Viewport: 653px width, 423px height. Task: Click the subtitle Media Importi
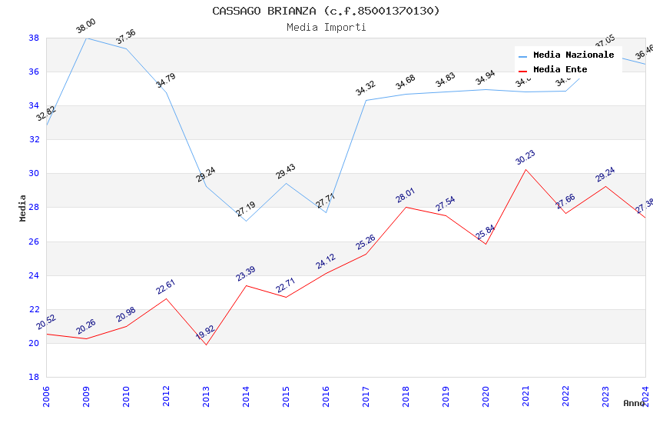tap(326, 28)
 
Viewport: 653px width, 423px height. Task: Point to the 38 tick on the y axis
tap(34, 38)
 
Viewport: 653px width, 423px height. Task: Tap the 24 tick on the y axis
tap(34, 275)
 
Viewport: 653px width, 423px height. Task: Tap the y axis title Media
tap(23, 208)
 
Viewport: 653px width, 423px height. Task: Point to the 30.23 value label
tap(525, 158)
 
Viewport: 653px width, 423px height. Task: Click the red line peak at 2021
tap(525, 169)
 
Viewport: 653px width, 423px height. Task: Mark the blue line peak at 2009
tap(86, 38)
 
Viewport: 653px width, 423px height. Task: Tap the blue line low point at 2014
tap(246, 221)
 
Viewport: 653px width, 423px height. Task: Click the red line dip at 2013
tap(206, 345)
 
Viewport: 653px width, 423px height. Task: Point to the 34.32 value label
tap(366, 89)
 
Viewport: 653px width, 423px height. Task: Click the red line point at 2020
tap(486, 244)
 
